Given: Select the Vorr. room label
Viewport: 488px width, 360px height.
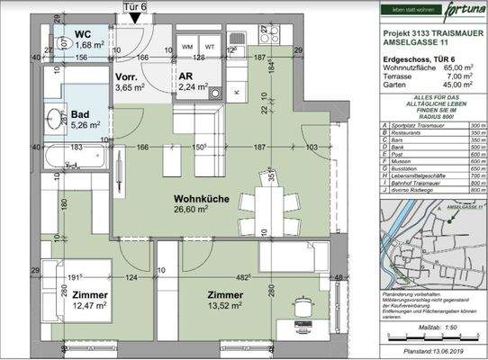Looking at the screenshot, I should point(126,77).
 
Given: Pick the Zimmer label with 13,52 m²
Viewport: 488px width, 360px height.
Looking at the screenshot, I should point(224,295).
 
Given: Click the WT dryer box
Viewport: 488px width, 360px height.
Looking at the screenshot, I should point(211,46).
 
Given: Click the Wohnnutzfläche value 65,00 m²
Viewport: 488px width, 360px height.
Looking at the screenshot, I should point(459,67).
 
